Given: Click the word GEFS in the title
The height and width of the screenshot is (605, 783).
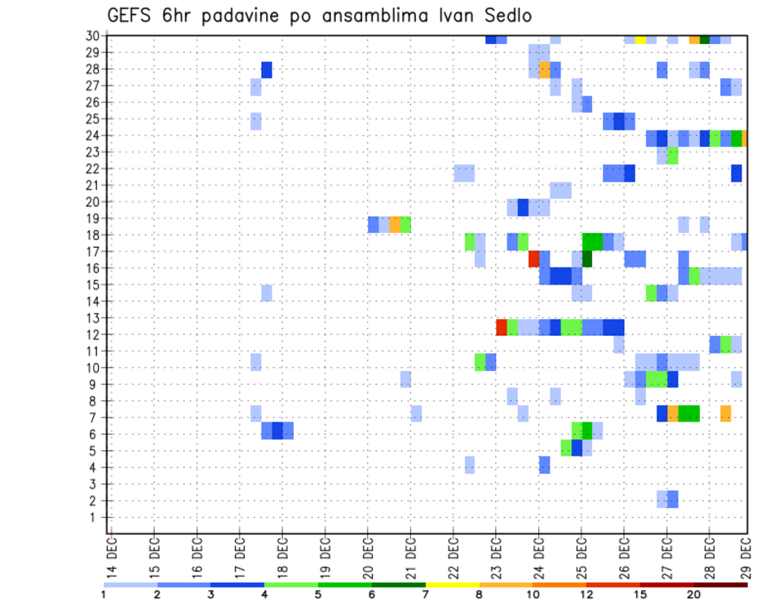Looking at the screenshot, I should pos(131,15).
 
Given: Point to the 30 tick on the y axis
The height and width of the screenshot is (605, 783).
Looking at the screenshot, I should pos(93,36).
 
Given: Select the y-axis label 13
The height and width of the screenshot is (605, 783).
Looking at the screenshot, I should pos(93,318).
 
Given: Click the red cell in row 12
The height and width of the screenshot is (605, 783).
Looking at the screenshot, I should pos(502,327).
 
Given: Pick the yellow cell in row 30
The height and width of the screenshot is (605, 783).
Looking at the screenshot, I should pos(640,38).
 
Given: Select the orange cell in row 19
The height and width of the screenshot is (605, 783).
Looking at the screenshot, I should pos(395,224).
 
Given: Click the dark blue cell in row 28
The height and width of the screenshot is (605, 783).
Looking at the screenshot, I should pos(267,69).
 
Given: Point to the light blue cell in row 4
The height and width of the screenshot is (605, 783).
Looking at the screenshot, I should pos(470,465).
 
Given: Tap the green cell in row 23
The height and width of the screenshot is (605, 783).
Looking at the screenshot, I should pos(673,155).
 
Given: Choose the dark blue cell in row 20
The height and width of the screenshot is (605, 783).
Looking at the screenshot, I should pos(523,207).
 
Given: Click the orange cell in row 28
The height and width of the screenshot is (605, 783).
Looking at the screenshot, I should pos(544,69).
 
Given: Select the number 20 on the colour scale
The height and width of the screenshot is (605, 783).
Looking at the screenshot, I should pos(695,593).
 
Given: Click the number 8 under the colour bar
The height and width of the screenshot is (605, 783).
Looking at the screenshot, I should pos(480,593).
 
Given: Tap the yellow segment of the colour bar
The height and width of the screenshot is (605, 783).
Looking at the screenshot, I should pos(453,585).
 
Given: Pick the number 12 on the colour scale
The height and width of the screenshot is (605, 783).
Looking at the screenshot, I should pos(587,593).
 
